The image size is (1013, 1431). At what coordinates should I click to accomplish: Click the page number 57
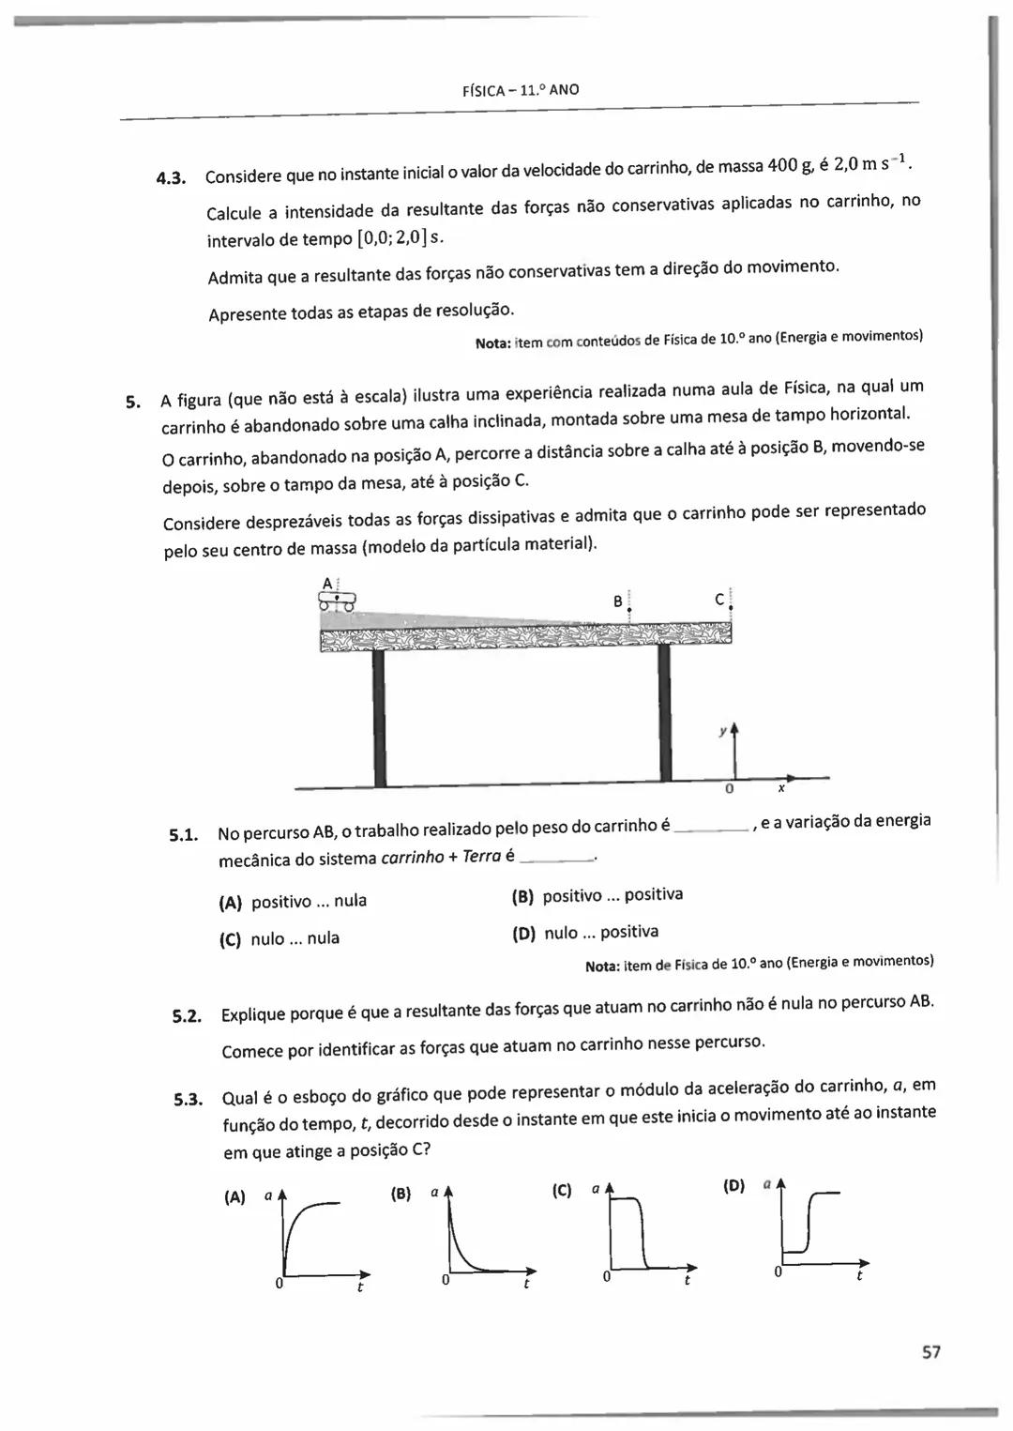[x=930, y=1351]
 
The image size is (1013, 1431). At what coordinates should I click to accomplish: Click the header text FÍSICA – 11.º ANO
[x=521, y=90]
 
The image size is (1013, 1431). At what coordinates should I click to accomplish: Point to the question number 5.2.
[x=188, y=1015]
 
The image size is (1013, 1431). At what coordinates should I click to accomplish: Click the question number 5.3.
[x=189, y=1100]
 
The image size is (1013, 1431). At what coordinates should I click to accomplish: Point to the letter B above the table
[x=618, y=601]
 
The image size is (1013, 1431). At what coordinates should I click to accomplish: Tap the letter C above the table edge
[x=719, y=598]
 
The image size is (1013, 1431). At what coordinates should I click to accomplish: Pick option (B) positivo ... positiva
[x=597, y=895]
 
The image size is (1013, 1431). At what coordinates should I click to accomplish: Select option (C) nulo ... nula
[x=280, y=938]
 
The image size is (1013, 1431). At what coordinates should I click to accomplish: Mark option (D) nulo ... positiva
[x=584, y=933]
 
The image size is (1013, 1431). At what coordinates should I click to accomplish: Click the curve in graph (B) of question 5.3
[x=461, y=1248]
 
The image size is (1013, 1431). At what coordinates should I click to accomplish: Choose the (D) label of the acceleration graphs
[x=734, y=1186]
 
